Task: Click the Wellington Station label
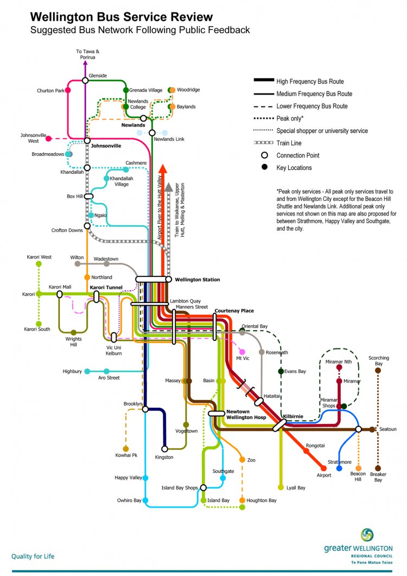pos(197,280)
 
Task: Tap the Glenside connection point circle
pos(85,80)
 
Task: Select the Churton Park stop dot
pos(68,91)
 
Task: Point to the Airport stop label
pos(323,475)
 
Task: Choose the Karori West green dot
pos(39,264)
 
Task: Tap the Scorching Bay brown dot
pos(378,370)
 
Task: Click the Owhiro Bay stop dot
pos(145,501)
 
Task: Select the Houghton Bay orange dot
pos(242,500)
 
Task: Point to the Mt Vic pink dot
pos(242,352)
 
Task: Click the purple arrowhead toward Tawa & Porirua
pos(85,63)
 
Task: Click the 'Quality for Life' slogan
pos(33,556)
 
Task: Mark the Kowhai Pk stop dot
pos(126,449)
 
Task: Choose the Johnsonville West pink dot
pos(49,138)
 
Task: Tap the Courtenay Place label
pos(234,311)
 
